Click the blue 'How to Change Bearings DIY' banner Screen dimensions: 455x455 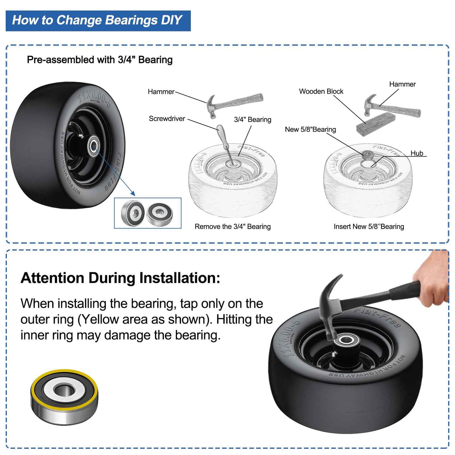click(x=98, y=21)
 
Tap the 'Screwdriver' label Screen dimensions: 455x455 click(x=167, y=119)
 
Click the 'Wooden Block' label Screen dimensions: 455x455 click(x=321, y=91)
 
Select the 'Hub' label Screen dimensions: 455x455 click(x=417, y=153)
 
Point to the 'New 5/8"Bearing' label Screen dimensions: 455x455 click(x=310, y=129)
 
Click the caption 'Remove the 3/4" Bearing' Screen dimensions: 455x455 click(x=232, y=226)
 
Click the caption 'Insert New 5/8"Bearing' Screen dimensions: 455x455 click(x=369, y=226)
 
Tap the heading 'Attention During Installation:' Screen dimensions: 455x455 click(x=121, y=278)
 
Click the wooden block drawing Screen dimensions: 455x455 click(x=375, y=124)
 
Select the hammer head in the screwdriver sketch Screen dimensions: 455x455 click(x=212, y=107)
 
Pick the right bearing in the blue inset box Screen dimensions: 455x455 click(x=160, y=213)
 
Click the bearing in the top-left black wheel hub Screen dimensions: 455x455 click(x=94, y=145)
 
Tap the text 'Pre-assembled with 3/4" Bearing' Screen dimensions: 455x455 click(x=100, y=60)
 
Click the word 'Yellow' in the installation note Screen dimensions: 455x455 click(x=99, y=320)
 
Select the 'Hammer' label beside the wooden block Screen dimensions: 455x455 click(x=402, y=84)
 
